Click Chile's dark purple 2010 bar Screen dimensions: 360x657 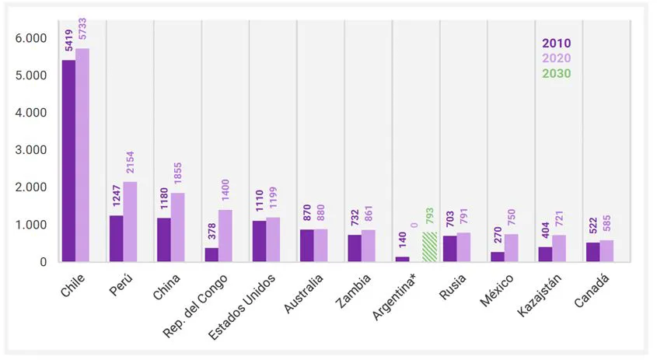(x=68, y=161)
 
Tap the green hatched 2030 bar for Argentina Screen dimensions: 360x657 (x=430, y=247)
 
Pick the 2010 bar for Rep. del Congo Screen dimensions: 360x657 (x=211, y=255)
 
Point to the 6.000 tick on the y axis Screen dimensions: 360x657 (x=32, y=38)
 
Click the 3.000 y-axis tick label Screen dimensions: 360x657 (x=32, y=150)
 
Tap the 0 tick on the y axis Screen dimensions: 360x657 (x=43, y=262)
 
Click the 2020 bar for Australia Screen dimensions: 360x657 (x=320, y=245)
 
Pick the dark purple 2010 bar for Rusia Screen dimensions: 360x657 (x=449, y=249)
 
